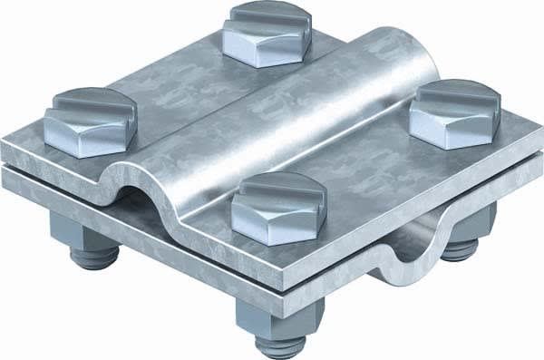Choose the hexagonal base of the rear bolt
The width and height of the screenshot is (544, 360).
265,46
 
